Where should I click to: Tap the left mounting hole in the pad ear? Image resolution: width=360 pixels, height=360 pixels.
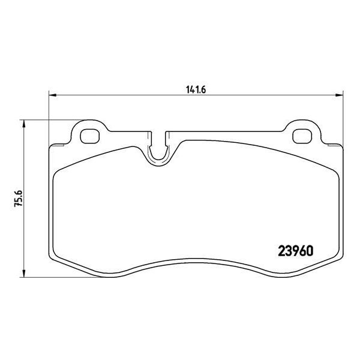90,136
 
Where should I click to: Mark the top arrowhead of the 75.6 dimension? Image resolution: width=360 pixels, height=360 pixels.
23,123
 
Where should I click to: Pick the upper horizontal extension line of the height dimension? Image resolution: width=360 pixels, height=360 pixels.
48,119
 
